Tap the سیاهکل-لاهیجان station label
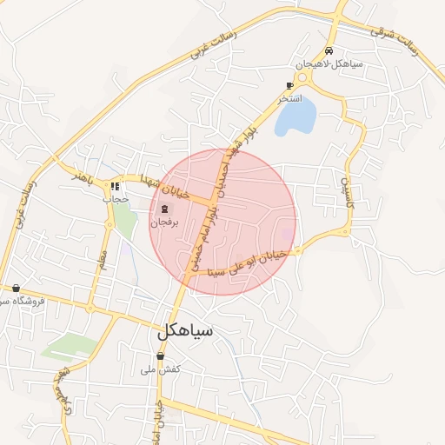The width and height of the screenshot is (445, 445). point(321,64)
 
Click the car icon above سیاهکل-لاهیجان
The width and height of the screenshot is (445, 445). point(328,50)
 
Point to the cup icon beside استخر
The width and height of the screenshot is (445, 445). point(289,85)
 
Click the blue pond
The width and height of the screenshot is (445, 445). point(296,117)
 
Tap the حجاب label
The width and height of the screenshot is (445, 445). point(116,199)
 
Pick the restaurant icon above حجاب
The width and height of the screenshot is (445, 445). point(115,186)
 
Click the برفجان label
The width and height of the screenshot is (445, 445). point(164,222)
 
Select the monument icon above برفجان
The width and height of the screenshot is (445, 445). point(164,209)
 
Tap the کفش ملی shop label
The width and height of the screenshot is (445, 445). point(160,369)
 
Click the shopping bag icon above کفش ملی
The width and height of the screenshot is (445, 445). point(160,355)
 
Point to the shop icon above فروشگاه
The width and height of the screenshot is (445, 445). point(17,288)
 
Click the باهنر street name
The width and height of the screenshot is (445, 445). point(83,176)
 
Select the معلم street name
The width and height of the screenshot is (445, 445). point(103,258)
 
